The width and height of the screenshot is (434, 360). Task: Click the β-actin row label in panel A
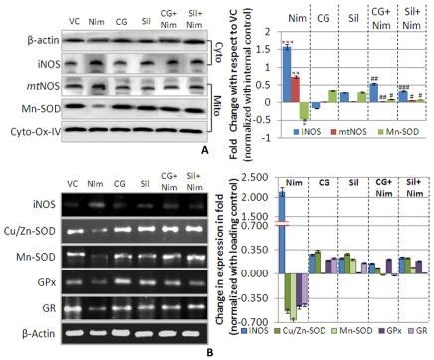point(23,38)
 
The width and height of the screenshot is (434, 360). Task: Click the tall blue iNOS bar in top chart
point(287,74)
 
